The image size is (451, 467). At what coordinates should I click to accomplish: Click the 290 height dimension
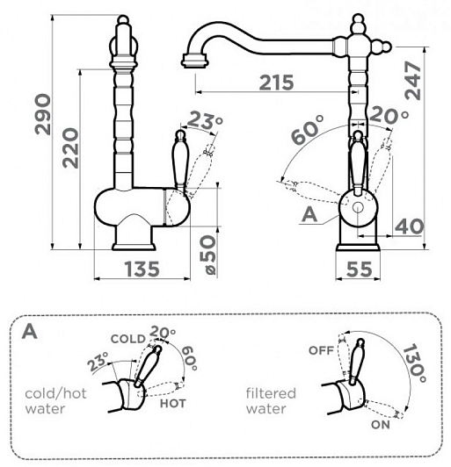[x=42, y=114]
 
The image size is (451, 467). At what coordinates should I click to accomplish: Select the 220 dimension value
[x=70, y=147]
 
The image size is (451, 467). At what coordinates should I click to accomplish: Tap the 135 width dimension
[x=142, y=269]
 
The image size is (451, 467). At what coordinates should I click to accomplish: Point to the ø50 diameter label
[x=207, y=255]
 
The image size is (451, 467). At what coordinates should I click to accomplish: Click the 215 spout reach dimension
[x=277, y=83]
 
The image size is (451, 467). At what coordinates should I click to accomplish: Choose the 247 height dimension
[x=413, y=81]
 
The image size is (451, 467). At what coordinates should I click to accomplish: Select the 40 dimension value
[x=409, y=226]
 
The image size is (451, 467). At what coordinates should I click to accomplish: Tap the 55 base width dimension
[x=359, y=269]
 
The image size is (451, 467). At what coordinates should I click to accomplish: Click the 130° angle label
[x=414, y=363]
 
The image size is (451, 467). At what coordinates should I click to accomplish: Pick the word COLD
[x=128, y=339]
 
